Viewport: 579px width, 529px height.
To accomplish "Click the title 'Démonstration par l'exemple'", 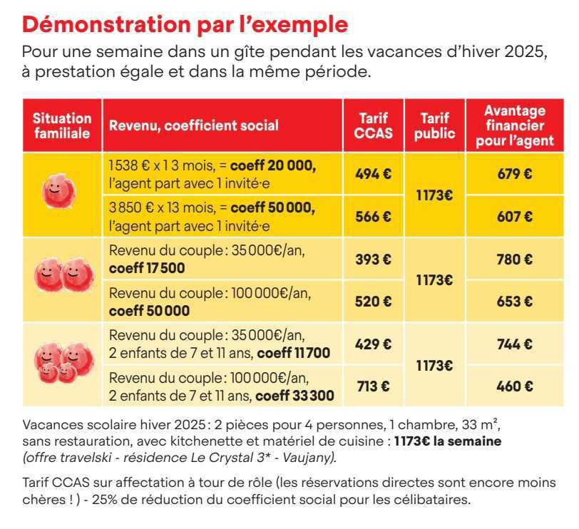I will (185, 24).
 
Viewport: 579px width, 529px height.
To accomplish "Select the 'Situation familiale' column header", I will (62, 125).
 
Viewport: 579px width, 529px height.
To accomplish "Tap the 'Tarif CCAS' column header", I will (374, 125).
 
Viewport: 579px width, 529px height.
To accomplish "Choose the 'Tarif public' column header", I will (434, 125).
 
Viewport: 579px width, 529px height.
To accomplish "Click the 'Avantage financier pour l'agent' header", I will (514, 125).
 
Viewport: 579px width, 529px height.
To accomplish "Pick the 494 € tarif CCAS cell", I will (374, 173).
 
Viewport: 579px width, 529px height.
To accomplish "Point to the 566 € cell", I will (374, 217).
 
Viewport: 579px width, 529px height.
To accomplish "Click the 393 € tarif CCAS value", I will (374, 260).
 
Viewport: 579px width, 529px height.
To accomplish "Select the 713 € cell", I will (374, 386).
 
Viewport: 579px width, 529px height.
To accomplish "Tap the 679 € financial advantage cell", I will (514, 173).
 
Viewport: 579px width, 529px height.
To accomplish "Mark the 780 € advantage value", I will (514, 260).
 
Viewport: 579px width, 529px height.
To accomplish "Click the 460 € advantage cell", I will (514, 386).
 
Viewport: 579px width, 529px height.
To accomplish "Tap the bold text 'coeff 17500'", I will (147, 268).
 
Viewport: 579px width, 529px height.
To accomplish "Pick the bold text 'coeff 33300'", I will (294, 394).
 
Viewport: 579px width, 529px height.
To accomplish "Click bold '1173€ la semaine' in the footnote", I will (448, 441).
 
